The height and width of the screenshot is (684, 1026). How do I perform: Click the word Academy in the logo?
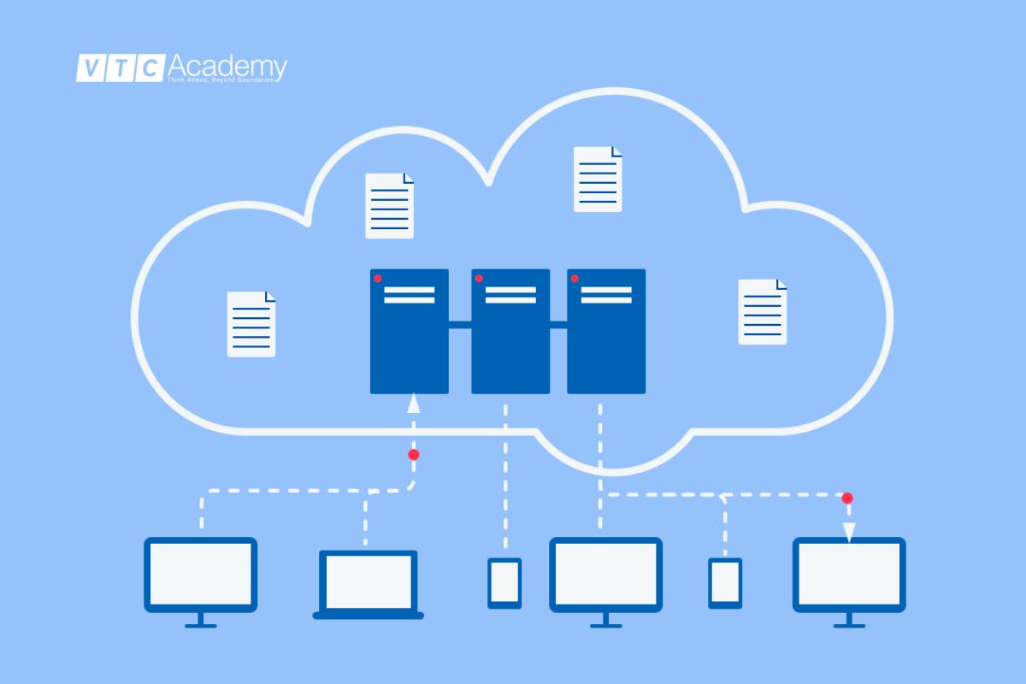coord(227,65)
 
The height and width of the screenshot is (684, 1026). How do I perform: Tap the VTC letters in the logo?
coord(120,68)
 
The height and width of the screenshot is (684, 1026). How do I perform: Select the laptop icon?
coord(369,584)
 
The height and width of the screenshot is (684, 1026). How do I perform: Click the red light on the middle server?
coord(479,279)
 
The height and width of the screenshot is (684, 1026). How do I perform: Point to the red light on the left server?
coord(378,279)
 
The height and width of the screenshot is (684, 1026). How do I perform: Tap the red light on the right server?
coord(575,279)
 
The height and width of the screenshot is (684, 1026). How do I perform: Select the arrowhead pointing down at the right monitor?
coord(849,532)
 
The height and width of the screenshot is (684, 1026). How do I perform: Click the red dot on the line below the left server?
coord(414,455)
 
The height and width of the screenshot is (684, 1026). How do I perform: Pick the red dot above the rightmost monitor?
coord(847,498)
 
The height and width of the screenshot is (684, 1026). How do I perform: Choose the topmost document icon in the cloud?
coord(598,179)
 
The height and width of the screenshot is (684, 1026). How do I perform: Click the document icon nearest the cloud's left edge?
coord(251,324)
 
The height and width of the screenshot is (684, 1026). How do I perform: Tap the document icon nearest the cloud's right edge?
coord(763,312)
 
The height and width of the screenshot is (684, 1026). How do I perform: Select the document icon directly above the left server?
coord(390,206)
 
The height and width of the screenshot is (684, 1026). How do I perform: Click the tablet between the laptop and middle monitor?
coord(504,583)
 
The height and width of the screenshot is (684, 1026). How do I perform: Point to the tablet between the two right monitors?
coord(725,583)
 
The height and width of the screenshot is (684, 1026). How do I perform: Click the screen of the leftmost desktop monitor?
coord(201,573)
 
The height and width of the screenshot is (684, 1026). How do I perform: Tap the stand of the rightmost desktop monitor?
coord(848,619)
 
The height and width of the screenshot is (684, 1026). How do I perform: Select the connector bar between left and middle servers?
coord(460,324)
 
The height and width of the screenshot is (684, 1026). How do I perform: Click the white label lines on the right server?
coord(606,295)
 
